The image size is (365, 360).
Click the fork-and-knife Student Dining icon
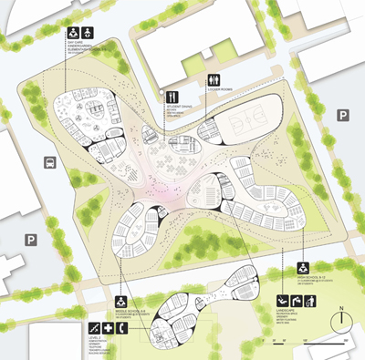point(170,96)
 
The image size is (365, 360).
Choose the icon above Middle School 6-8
point(120,302)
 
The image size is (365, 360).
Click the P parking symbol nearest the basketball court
point(343,115)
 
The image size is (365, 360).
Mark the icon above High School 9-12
point(302,268)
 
